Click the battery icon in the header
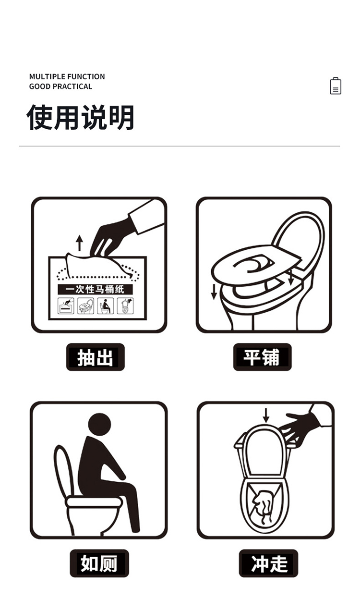(x=336, y=86)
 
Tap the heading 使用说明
(x=80, y=117)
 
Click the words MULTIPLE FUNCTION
(x=67, y=77)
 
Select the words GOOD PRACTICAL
(x=60, y=86)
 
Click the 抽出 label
(x=96, y=357)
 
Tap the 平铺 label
(x=262, y=357)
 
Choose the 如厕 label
(x=99, y=563)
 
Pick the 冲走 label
(x=268, y=563)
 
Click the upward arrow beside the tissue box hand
(x=79, y=243)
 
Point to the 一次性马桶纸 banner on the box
(x=95, y=289)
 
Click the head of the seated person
(x=99, y=424)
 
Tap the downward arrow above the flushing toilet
(x=266, y=415)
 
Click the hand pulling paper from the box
(x=112, y=237)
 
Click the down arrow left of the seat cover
(x=214, y=292)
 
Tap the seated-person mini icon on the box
(x=105, y=306)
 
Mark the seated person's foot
(x=136, y=530)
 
